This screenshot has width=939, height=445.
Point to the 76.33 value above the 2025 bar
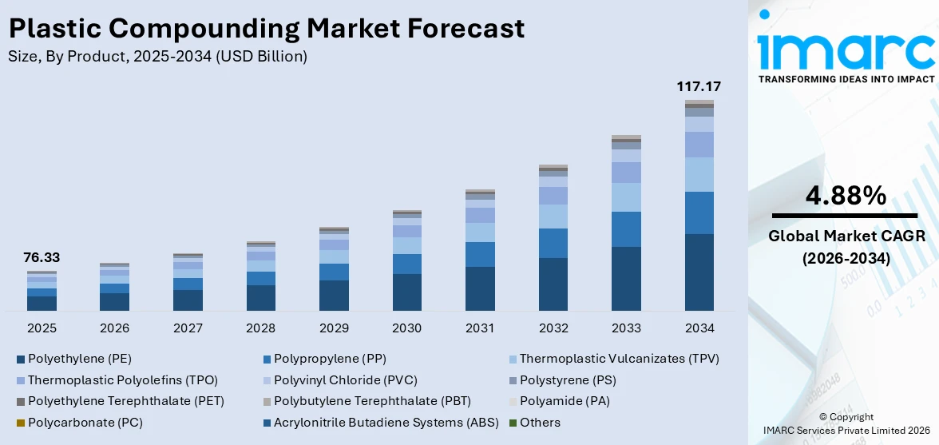click(42, 257)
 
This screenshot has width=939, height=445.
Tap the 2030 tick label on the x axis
click(406, 328)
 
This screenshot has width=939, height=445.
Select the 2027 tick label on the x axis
click(188, 328)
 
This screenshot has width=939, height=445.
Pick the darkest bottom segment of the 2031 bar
click(480, 288)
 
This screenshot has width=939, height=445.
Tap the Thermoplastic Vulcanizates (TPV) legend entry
click(619, 359)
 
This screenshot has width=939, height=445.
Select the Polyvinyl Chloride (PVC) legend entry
click(345, 380)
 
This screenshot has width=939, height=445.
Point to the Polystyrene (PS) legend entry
click(568, 380)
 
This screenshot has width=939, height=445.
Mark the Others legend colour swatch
click(513, 423)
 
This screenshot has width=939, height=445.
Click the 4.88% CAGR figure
click(846, 195)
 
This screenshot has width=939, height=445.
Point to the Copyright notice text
click(846, 416)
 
